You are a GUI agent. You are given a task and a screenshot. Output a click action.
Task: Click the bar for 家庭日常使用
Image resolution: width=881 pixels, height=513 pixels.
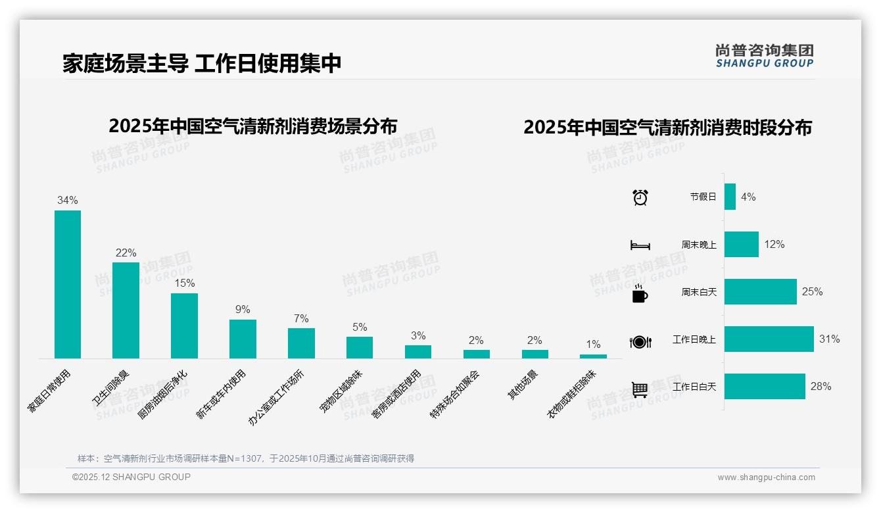(x=68, y=284)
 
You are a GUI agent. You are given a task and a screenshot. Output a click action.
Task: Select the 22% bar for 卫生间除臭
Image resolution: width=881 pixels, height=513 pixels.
(x=126, y=310)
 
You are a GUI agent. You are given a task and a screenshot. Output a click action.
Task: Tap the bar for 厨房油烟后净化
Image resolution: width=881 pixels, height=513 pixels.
(x=184, y=326)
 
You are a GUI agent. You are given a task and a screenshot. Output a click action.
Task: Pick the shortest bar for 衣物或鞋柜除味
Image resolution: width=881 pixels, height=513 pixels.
(x=593, y=356)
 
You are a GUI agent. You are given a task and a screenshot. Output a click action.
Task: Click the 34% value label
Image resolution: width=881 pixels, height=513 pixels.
(x=68, y=200)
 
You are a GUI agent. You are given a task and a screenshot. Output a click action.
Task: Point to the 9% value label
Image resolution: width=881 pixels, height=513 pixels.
(x=243, y=309)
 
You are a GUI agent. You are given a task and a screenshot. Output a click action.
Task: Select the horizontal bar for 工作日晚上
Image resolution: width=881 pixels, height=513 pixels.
(x=769, y=339)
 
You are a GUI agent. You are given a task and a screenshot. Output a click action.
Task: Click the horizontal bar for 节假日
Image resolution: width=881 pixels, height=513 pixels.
(x=730, y=197)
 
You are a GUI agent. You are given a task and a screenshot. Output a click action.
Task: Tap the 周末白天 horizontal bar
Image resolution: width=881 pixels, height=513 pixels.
(x=760, y=291)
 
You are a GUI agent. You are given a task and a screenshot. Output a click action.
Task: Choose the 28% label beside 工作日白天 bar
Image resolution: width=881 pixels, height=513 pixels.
(x=821, y=387)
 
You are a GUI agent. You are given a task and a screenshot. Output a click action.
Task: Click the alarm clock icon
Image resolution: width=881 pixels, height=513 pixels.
(x=640, y=197)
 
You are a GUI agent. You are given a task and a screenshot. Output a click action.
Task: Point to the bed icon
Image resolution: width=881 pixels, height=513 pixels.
(x=640, y=245)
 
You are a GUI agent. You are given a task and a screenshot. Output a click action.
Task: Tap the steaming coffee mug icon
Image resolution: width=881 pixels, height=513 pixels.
(x=640, y=293)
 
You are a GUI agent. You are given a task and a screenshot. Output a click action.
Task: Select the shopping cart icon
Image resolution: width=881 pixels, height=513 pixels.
(x=640, y=389)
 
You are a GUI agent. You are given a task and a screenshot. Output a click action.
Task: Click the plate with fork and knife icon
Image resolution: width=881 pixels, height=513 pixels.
(x=640, y=341)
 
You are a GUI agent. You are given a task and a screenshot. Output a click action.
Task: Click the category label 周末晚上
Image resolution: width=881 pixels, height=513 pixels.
(x=699, y=245)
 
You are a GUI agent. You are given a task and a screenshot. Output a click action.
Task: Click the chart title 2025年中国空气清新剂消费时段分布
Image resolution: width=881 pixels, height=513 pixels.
(x=667, y=127)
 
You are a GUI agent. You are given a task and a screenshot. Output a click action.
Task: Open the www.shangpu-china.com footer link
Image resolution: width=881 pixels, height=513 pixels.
(x=766, y=477)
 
